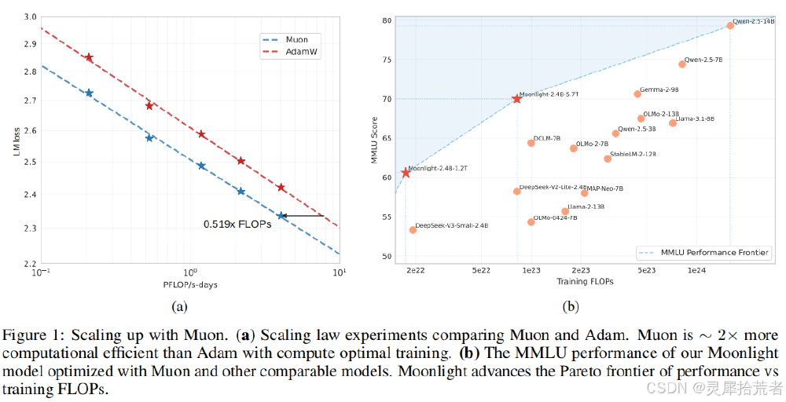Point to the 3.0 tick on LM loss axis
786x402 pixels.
(x=25, y=16)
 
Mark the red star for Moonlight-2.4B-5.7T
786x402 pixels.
(x=516, y=99)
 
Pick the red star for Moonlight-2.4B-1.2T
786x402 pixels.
(x=406, y=173)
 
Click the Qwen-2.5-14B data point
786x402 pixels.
(x=730, y=25)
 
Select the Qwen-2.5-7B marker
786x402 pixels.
(x=682, y=64)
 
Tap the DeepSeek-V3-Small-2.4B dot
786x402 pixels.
(x=413, y=230)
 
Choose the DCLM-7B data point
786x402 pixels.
(x=531, y=143)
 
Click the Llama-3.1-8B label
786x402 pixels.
(x=696, y=119)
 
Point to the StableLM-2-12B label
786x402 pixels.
(x=633, y=154)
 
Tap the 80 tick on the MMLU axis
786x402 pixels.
(x=387, y=20)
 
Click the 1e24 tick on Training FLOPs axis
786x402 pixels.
(x=696, y=270)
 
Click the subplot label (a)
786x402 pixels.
(x=179, y=307)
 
